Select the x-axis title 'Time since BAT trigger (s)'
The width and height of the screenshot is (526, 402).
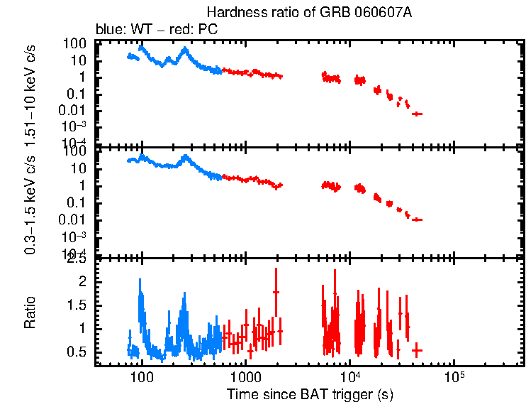point(310,393)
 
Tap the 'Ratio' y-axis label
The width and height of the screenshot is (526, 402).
point(30,313)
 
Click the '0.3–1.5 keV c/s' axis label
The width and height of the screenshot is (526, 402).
point(30,203)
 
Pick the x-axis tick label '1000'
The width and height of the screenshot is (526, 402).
point(246,376)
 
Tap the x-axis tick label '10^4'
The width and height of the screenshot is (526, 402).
point(349,375)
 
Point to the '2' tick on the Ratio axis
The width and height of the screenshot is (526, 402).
point(83,282)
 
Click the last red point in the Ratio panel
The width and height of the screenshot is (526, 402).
point(417,350)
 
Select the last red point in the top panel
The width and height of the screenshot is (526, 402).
point(418,114)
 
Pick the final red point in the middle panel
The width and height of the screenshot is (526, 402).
point(418,219)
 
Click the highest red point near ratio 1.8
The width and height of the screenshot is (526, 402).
point(276,292)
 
